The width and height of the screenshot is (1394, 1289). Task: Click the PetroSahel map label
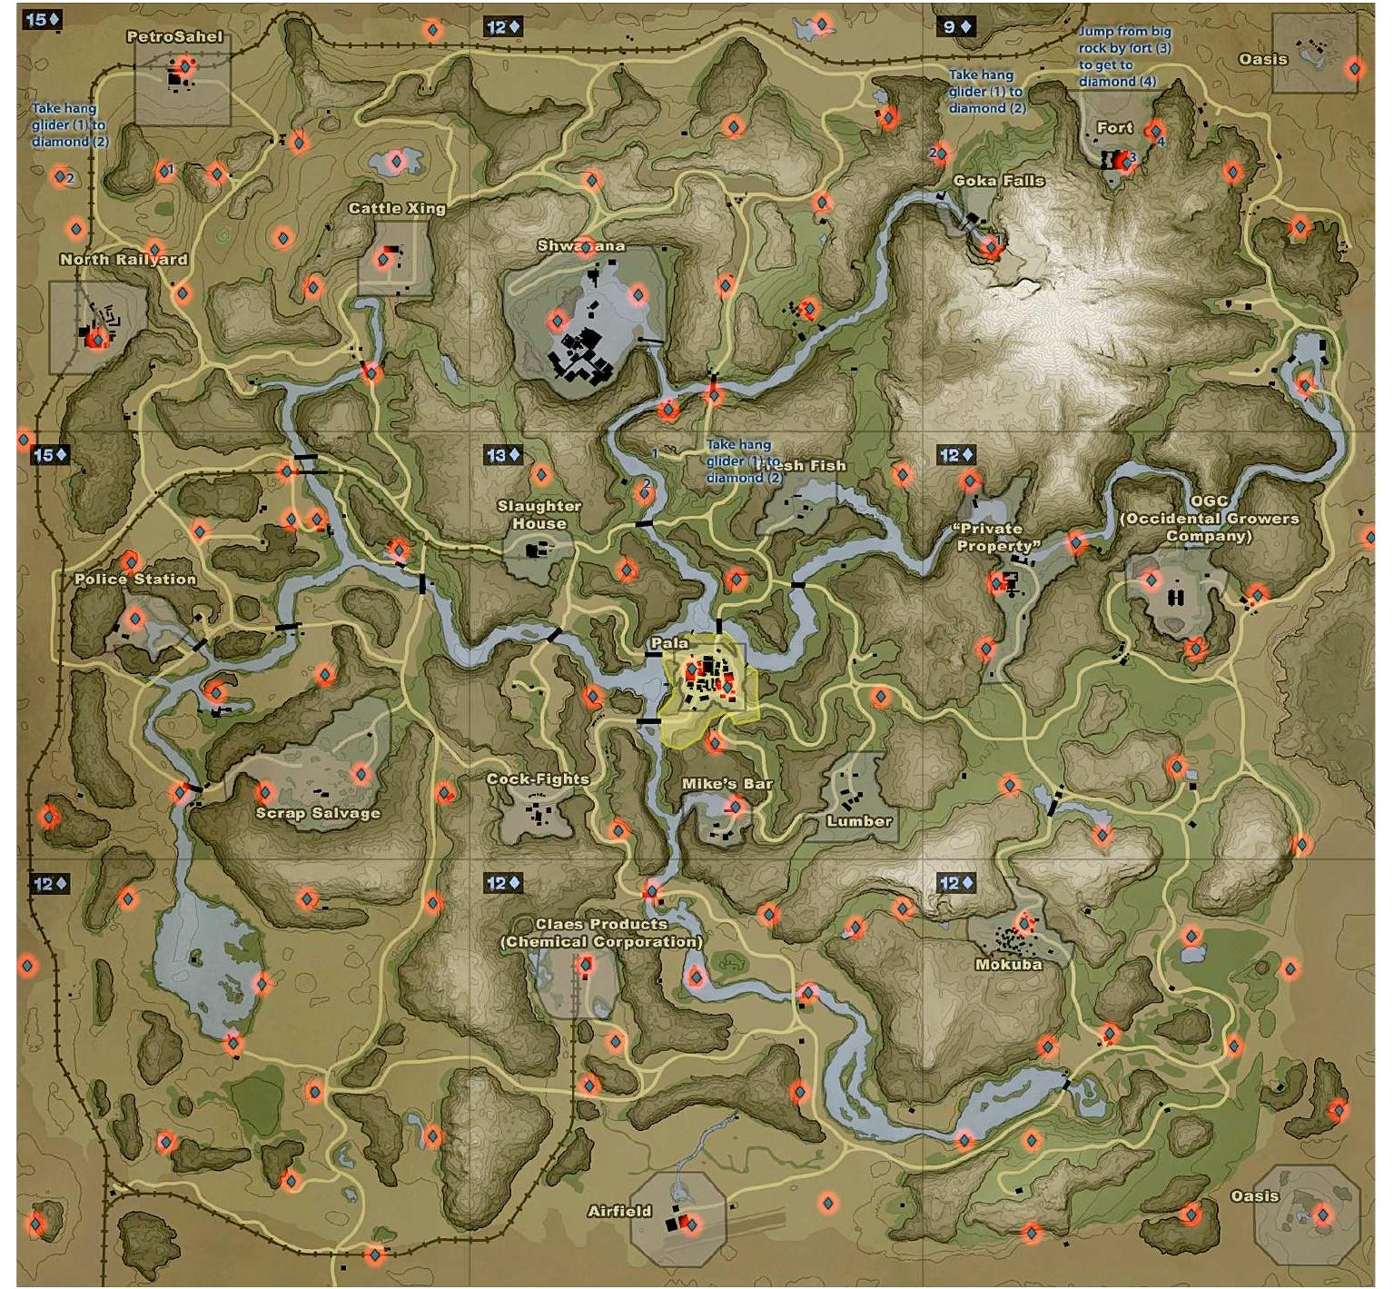(173, 37)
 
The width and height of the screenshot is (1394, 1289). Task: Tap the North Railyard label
(124, 260)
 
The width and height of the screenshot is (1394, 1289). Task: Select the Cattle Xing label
(397, 209)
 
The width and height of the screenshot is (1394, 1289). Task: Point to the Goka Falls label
(998, 181)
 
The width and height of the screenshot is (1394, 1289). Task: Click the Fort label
(1114, 128)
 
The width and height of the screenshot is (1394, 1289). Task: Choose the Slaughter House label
(539, 515)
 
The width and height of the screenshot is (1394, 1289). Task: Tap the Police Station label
(135, 579)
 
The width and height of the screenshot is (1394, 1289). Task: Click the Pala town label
(669, 643)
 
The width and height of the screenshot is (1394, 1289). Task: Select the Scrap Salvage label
(318, 813)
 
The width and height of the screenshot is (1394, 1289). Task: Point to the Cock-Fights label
(538, 779)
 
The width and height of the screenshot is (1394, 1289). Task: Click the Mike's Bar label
(727, 784)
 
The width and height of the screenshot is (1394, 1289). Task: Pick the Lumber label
(859, 821)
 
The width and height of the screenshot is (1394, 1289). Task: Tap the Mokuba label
(1008, 965)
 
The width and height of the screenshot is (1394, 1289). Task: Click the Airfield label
(619, 1211)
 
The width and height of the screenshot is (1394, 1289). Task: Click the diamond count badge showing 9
(956, 26)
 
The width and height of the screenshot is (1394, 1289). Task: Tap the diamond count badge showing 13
(503, 455)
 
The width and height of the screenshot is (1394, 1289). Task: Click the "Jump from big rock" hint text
(1124, 56)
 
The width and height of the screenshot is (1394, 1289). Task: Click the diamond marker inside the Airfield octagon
(691, 1225)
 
